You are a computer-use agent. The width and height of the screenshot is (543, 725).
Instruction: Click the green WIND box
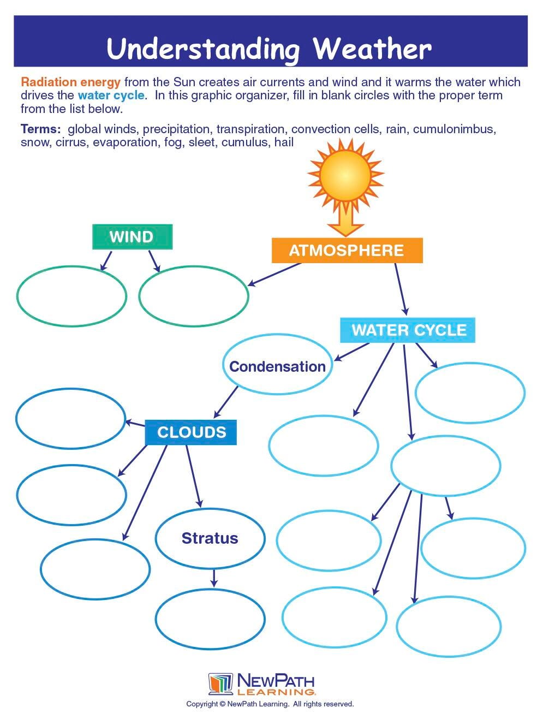(132, 237)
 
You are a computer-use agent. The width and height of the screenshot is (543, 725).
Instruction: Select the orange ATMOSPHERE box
(347, 251)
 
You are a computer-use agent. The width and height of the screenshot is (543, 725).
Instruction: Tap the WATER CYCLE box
(408, 330)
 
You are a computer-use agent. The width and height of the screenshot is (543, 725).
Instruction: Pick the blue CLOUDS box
(191, 432)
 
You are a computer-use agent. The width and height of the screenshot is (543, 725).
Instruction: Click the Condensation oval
(277, 366)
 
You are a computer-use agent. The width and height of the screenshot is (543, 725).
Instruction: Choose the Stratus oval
(210, 538)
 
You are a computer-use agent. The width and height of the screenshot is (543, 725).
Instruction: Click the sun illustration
(345, 175)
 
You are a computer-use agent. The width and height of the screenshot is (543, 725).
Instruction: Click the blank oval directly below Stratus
(210, 619)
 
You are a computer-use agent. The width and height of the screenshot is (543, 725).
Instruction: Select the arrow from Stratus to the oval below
(213, 578)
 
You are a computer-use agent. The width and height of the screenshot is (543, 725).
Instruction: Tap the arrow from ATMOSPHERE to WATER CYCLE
(401, 289)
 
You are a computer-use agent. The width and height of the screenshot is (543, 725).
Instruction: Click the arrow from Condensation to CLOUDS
(226, 402)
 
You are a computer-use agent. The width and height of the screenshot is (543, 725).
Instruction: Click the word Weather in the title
(372, 49)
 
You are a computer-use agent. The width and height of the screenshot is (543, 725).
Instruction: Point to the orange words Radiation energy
(70, 82)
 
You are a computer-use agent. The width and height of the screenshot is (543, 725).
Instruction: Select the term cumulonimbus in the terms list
(454, 129)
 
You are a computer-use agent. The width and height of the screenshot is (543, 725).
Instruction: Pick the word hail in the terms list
(284, 142)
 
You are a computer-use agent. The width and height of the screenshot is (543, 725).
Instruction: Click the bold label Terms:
(40, 129)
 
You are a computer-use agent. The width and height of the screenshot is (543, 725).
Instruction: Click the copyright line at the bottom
(270, 704)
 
